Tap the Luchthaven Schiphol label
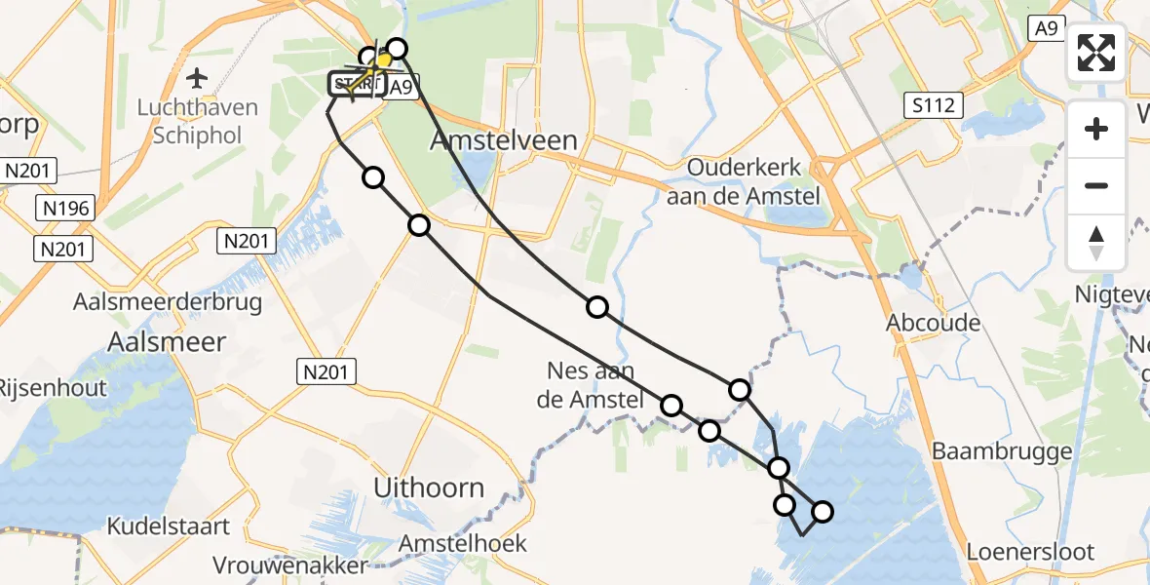(198, 120)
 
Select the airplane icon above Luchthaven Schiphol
(198, 77)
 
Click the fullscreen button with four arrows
(1096, 53)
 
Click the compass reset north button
(1096, 243)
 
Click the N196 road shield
(61, 210)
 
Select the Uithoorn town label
(430, 487)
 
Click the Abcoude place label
(934, 323)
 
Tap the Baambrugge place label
(1002, 450)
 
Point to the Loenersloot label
(1030, 552)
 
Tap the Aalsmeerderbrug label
(168, 302)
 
